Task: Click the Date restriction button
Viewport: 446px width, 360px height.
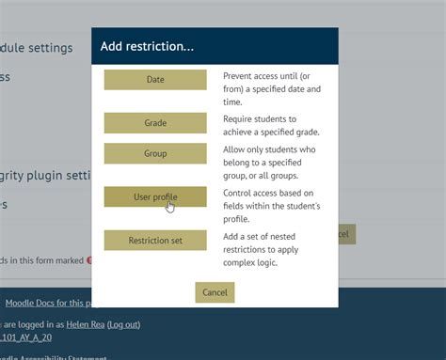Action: tap(155, 80)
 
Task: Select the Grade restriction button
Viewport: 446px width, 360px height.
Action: tap(155, 123)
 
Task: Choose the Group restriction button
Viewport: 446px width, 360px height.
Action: tap(155, 153)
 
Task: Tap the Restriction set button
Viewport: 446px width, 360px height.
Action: tap(155, 241)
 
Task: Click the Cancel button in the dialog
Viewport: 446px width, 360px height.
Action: tap(215, 292)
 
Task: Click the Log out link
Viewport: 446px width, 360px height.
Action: tap(123, 324)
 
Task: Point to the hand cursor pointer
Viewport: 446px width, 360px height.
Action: tap(170, 206)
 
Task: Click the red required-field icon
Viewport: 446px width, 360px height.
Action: tap(89, 260)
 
